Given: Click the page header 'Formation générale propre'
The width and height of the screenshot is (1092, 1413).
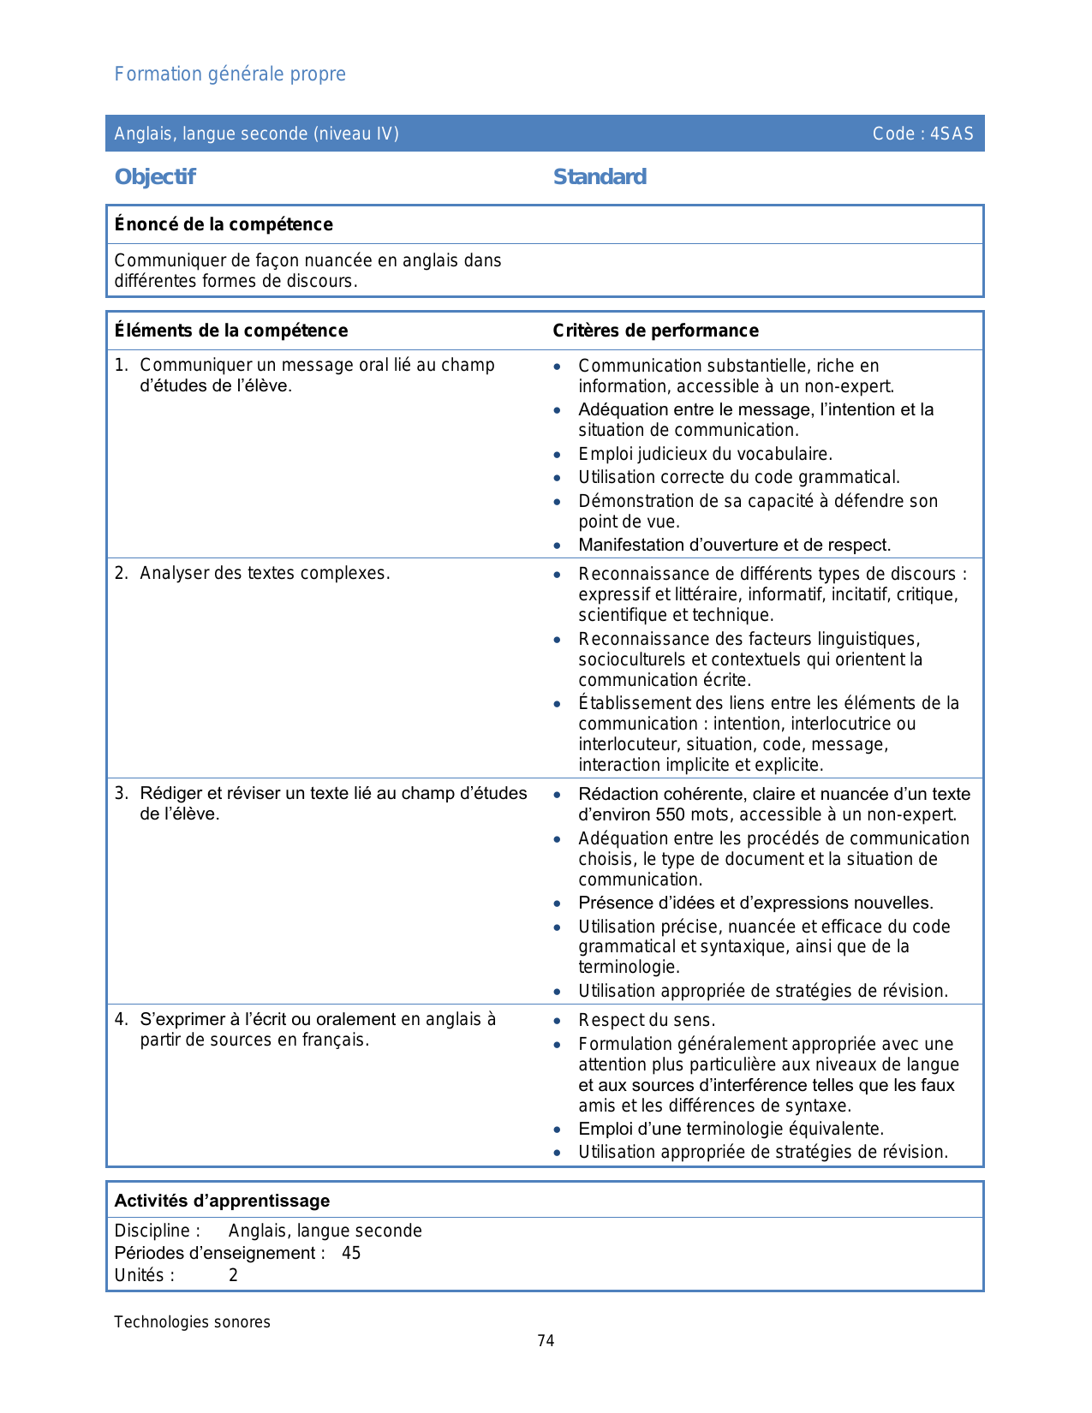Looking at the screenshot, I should [230, 75].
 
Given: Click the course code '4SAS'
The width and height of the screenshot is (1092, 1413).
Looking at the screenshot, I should [952, 134].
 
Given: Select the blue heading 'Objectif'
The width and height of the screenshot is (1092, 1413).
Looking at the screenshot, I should [155, 177].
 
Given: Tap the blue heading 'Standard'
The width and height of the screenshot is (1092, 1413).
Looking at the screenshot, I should [600, 177].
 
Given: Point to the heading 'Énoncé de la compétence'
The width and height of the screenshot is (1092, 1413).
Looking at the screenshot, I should [224, 224].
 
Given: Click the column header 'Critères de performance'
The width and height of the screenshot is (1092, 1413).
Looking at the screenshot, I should [655, 331].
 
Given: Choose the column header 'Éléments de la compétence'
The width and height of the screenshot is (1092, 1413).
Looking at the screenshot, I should [231, 331].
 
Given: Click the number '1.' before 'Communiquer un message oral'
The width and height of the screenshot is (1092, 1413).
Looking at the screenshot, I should [122, 366].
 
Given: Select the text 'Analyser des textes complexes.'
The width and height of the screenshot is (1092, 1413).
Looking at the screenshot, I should [265, 574].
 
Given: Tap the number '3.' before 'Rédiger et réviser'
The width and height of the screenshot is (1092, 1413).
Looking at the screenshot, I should [122, 794].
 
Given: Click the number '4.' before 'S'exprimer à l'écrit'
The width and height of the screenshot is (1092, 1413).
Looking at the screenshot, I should [122, 1020].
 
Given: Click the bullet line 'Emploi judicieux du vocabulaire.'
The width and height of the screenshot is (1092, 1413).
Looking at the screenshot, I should [705, 454].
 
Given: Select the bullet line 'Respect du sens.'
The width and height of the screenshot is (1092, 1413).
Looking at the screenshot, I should [647, 1020].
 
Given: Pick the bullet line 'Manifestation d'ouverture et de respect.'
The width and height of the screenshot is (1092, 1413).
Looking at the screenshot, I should [734, 546].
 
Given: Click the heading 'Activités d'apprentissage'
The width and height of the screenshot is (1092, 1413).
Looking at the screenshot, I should [222, 1201].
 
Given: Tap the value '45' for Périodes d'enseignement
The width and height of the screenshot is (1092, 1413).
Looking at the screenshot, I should [351, 1254].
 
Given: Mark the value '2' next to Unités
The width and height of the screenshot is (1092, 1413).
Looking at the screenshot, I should [233, 1276].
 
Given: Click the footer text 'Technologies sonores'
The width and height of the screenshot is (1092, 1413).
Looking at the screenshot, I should [192, 1322].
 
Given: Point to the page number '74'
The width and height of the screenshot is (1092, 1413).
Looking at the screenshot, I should [546, 1341].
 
